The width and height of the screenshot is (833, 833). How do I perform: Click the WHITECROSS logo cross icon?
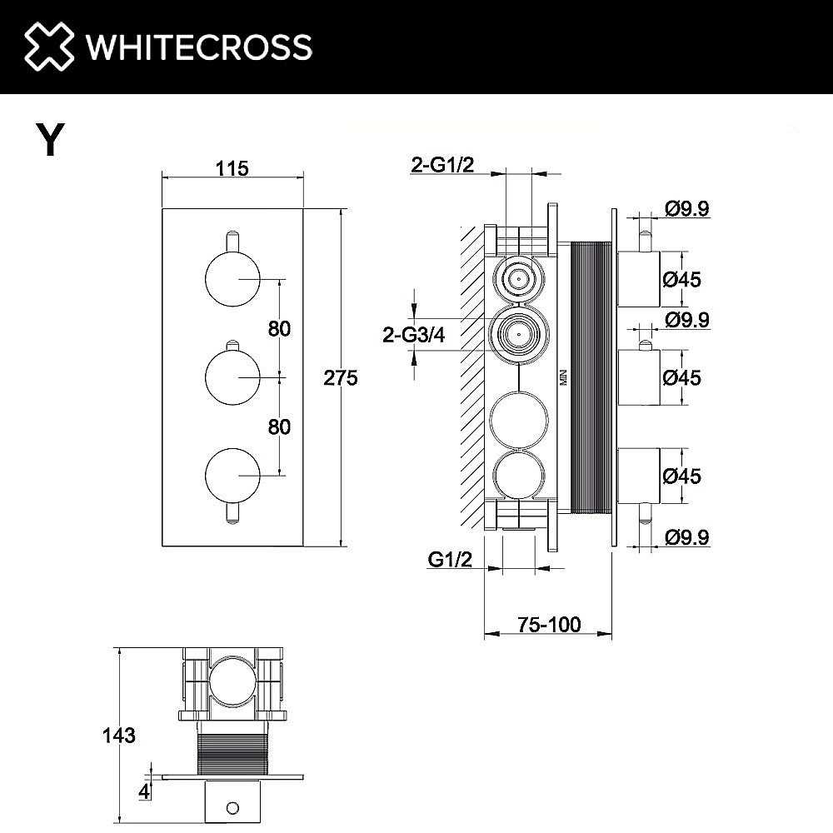[x=48, y=46]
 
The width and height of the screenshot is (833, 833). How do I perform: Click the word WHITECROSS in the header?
[x=199, y=47]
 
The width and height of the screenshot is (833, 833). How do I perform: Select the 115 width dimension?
[x=232, y=168]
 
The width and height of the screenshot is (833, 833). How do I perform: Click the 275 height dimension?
[x=341, y=378]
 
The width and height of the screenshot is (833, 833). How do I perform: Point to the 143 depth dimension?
[x=118, y=736]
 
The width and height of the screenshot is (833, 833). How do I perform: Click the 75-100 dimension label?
[x=547, y=623]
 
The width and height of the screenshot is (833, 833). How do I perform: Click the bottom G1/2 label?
[x=451, y=560]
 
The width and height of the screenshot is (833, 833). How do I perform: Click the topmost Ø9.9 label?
[x=687, y=209]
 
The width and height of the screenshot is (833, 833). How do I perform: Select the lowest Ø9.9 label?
[x=687, y=538]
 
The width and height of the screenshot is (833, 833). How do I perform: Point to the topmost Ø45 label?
[x=682, y=279]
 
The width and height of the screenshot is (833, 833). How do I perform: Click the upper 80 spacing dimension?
[x=279, y=328]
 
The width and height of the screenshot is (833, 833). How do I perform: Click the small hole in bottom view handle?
[x=232, y=806]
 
